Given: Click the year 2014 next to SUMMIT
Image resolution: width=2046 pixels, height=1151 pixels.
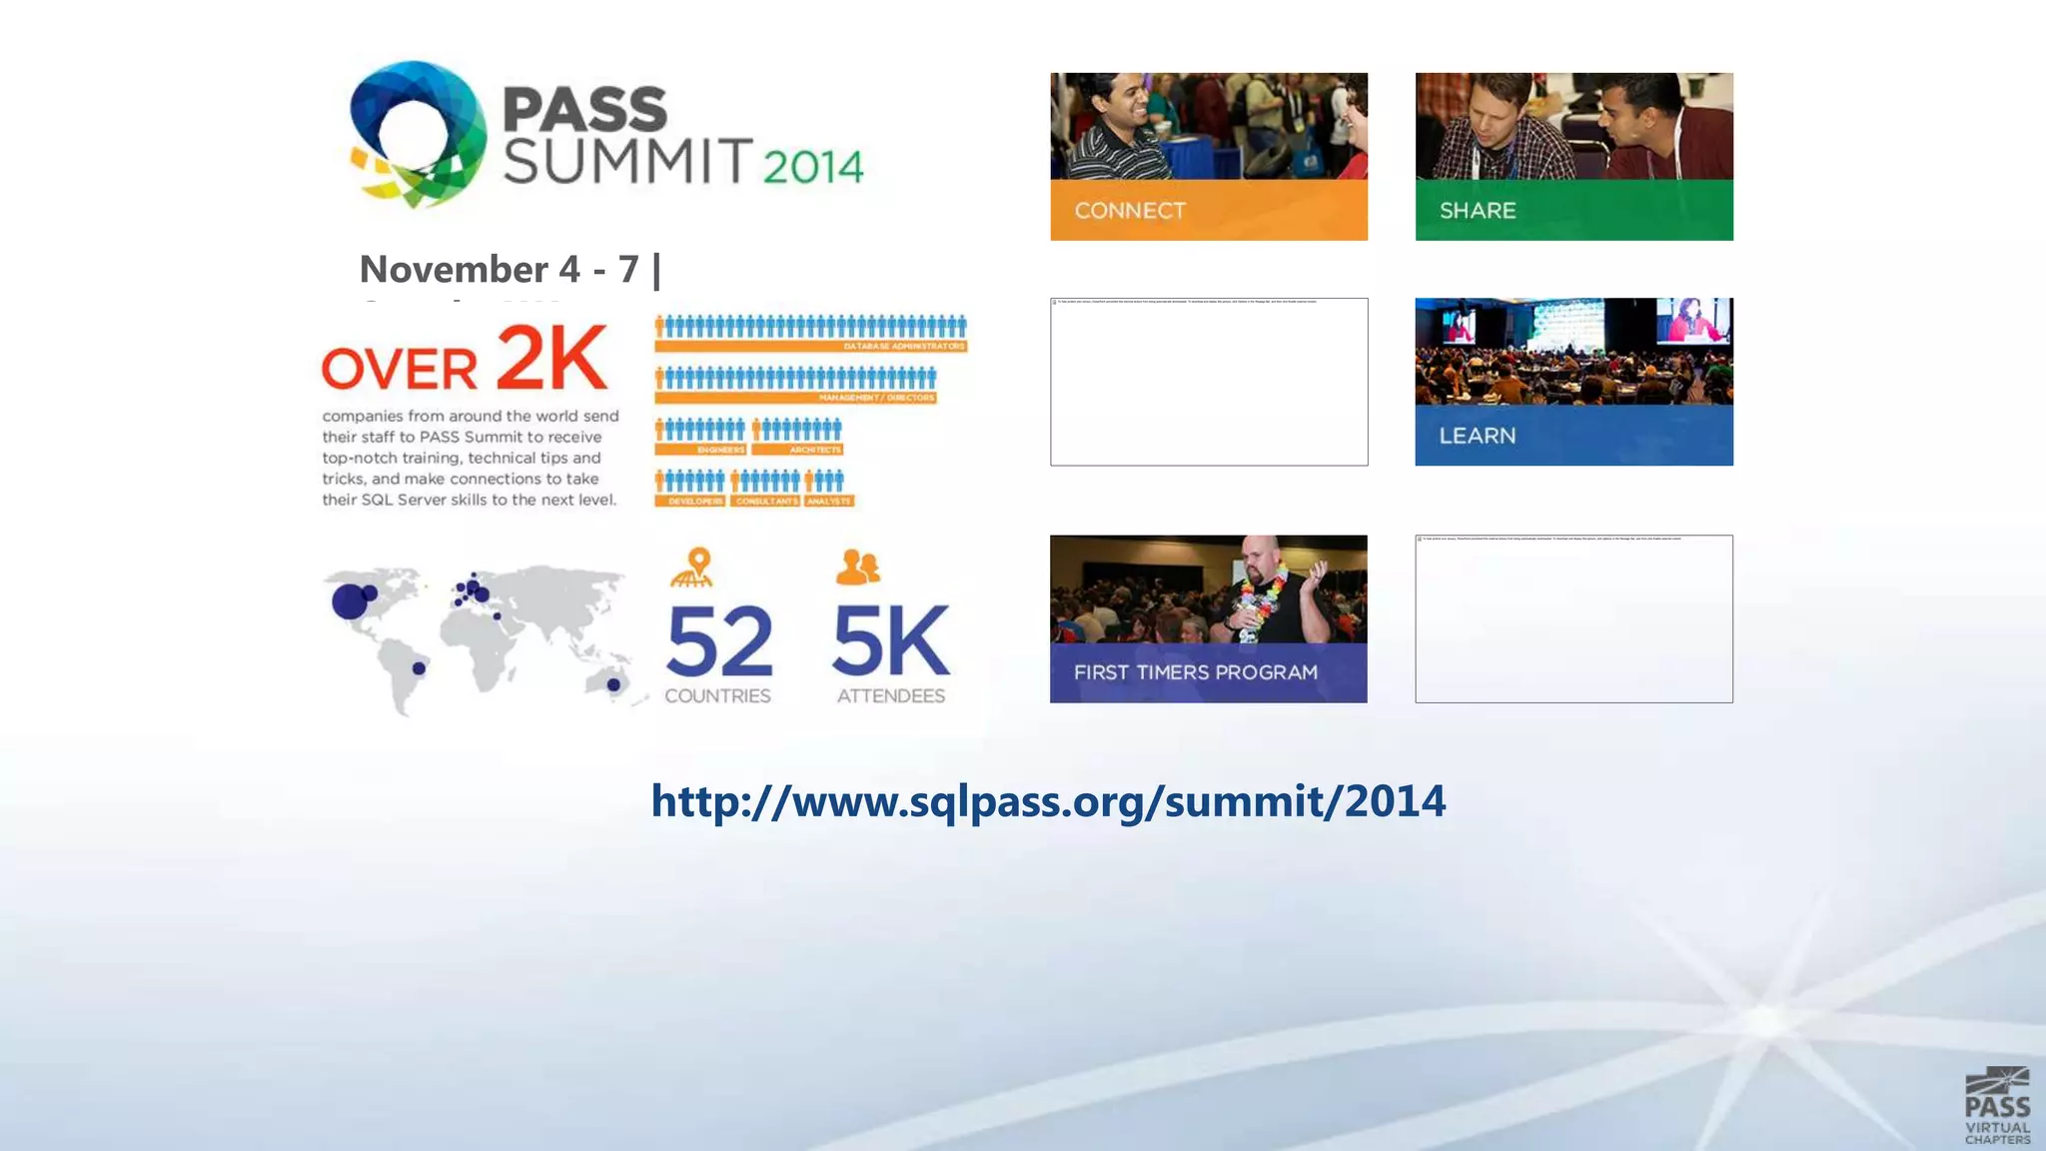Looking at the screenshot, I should (x=812, y=166).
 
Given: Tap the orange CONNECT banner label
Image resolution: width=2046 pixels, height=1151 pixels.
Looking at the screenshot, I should (x=1130, y=211).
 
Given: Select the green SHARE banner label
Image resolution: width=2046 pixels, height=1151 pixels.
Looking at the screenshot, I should (x=1478, y=211).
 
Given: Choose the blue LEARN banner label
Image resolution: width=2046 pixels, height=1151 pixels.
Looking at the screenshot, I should (x=1477, y=436).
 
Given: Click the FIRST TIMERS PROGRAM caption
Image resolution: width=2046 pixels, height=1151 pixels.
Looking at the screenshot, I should (x=1195, y=672).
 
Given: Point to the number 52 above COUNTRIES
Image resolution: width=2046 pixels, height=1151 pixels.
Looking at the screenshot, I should (x=719, y=642).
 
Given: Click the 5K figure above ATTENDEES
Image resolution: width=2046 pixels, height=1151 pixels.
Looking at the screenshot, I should (x=890, y=642).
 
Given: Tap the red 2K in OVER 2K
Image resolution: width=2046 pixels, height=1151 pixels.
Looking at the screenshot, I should (x=550, y=358).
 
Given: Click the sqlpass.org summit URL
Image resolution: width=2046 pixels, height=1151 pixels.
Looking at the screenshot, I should (x=1048, y=801).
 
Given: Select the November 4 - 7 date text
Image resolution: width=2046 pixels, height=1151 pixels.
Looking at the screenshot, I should (x=499, y=269).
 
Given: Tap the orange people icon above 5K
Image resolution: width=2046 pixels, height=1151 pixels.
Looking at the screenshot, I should (x=857, y=567).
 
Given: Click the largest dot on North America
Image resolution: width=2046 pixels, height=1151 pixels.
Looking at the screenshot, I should (x=349, y=602).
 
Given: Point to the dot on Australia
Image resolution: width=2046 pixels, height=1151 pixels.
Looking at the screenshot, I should (x=613, y=684).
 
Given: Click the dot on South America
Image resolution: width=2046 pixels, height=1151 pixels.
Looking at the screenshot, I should (x=420, y=667).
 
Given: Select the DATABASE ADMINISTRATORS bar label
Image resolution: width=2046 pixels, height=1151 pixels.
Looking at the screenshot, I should (x=903, y=346).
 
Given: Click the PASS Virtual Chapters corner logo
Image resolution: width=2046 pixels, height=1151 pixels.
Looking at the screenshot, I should (x=1996, y=1106).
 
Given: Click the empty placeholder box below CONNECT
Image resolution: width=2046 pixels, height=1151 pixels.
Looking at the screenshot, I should (x=1209, y=382).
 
